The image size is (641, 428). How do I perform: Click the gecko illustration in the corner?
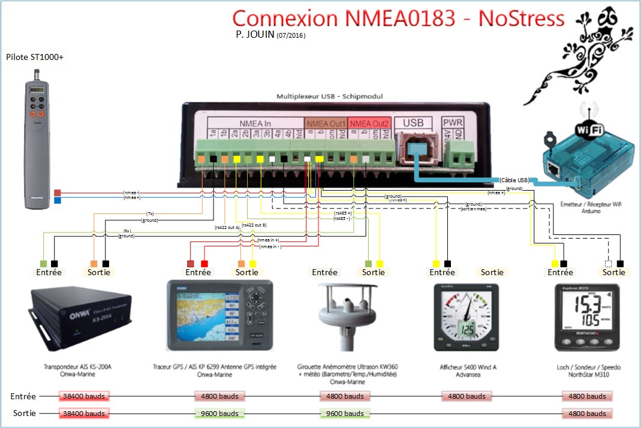coord(575,60)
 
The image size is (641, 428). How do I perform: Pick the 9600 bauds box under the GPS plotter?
coord(220,414)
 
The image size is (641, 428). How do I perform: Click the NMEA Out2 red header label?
coord(369,123)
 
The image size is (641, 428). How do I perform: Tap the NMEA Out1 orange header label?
coord(326,123)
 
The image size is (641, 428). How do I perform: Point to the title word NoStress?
coord(521,19)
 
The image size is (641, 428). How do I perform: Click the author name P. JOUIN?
coord(255,35)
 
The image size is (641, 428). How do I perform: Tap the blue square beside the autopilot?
coord(58,201)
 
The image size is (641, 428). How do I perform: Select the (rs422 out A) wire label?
coord(227,228)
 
